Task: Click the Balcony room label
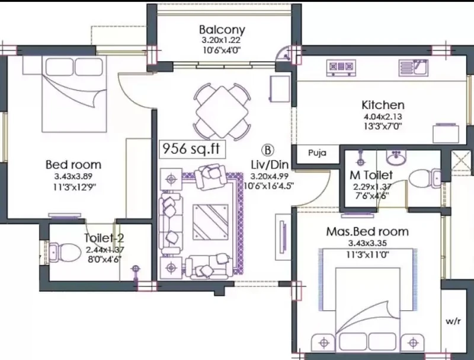222,30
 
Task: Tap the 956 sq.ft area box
192,149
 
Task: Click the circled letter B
267,151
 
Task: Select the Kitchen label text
383,105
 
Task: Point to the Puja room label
317,153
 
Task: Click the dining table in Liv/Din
222,111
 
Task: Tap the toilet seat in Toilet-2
65,251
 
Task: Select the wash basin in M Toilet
396,158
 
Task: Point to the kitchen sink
413,67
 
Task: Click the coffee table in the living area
210,222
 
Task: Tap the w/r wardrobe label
453,321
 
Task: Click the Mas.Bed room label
367,232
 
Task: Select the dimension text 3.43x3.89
73,176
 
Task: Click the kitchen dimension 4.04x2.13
383,116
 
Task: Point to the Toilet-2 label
104,238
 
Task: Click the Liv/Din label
270,165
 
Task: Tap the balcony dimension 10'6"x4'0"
222,50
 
